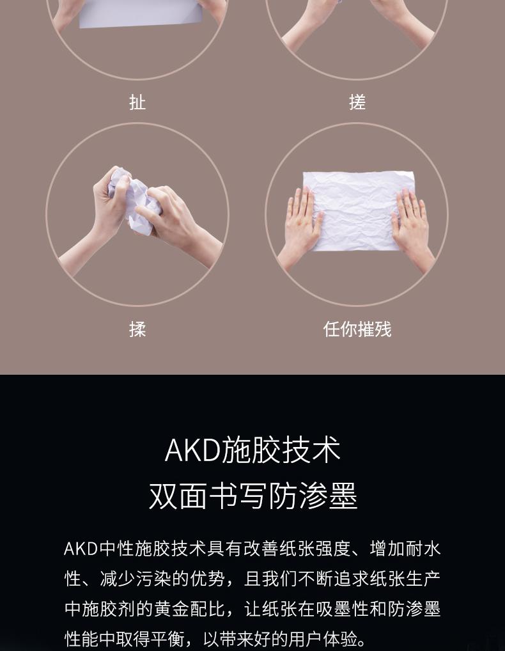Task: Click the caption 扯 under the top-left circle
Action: (137, 102)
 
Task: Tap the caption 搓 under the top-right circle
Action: (357, 102)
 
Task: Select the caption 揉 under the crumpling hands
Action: (137, 329)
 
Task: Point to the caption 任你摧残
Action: (357, 329)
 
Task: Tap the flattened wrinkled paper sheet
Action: (358, 210)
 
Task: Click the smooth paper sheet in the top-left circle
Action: (140, 13)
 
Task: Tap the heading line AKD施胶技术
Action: (252, 450)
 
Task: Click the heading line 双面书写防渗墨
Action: (252, 496)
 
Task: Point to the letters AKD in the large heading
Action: (192, 450)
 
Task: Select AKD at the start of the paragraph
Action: (81, 549)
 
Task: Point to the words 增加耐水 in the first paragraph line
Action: (405, 549)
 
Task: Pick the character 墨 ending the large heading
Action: (343, 496)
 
